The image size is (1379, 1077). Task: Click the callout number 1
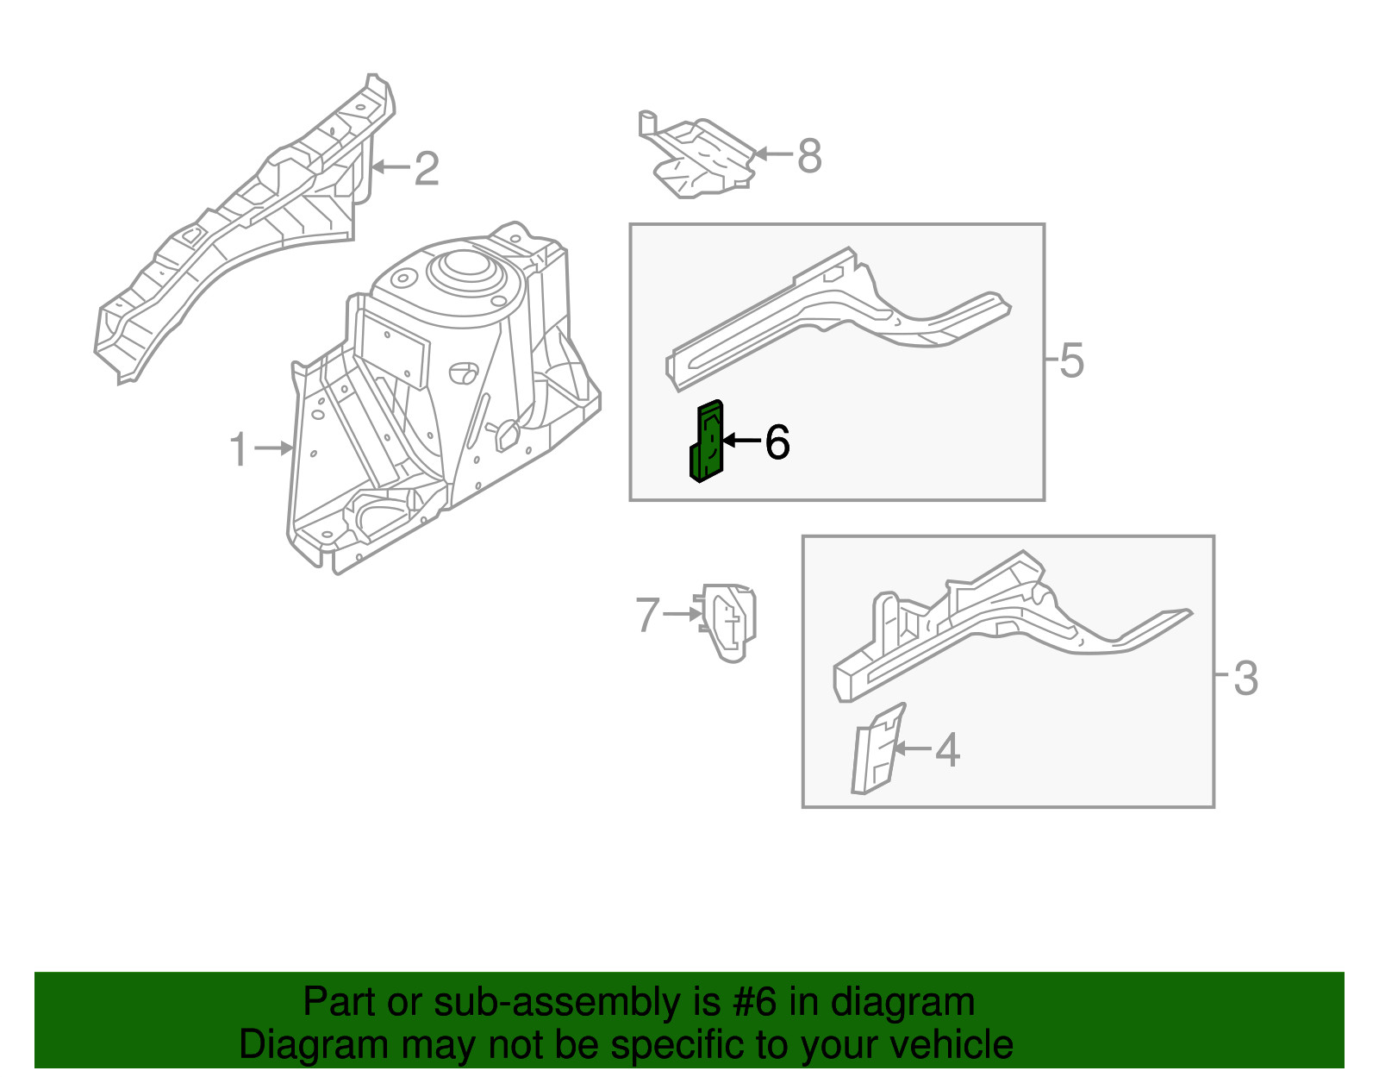[x=239, y=449]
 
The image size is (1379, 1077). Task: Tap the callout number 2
[x=426, y=168]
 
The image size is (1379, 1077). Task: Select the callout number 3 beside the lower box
[x=1245, y=678]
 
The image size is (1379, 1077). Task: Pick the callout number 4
[x=947, y=749]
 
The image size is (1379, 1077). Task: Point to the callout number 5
[x=1071, y=360]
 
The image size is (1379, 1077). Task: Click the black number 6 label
[x=777, y=442]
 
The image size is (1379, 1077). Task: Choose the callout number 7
[x=647, y=615]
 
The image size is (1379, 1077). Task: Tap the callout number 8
[x=809, y=156]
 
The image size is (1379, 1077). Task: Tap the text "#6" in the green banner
[x=754, y=1002]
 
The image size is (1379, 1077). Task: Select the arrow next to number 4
[x=914, y=748]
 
